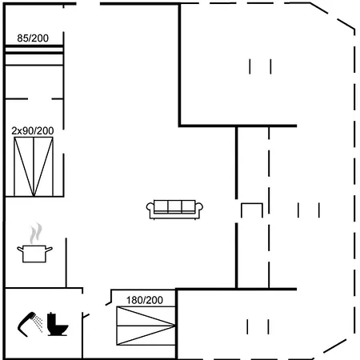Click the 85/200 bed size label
click(32, 38)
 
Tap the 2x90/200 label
click(33, 130)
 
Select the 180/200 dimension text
click(144, 300)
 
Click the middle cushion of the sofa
click(176, 207)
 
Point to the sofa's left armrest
click(150, 209)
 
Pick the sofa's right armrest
click(202, 209)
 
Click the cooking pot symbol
click(34, 254)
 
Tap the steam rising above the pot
click(34, 234)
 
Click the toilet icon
click(58, 323)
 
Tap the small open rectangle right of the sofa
click(252, 210)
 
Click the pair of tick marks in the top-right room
click(260, 66)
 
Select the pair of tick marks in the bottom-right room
click(258, 326)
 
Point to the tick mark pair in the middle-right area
click(308, 210)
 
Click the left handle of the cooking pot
click(19, 250)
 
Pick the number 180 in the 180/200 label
click(134, 300)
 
